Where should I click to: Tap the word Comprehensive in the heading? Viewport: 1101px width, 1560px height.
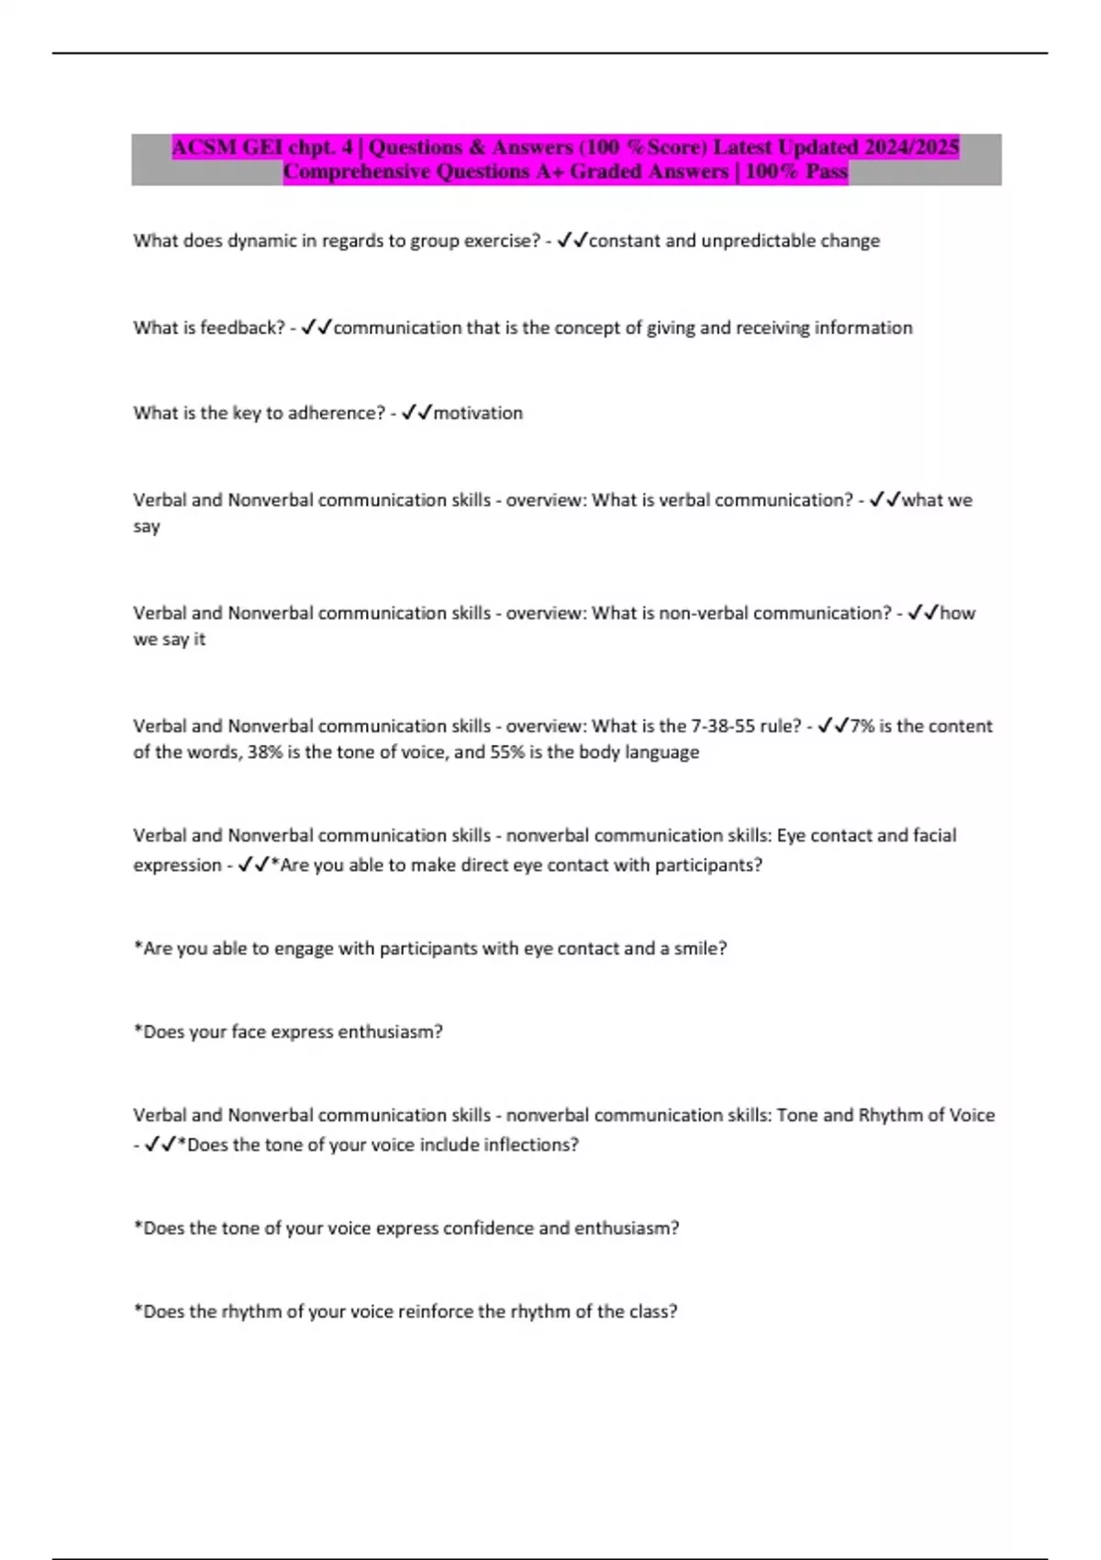(x=356, y=172)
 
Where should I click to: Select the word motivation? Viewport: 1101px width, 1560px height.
(x=478, y=413)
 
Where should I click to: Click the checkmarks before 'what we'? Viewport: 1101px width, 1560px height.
(x=884, y=500)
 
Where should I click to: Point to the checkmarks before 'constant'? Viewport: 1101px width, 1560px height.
(x=572, y=240)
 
